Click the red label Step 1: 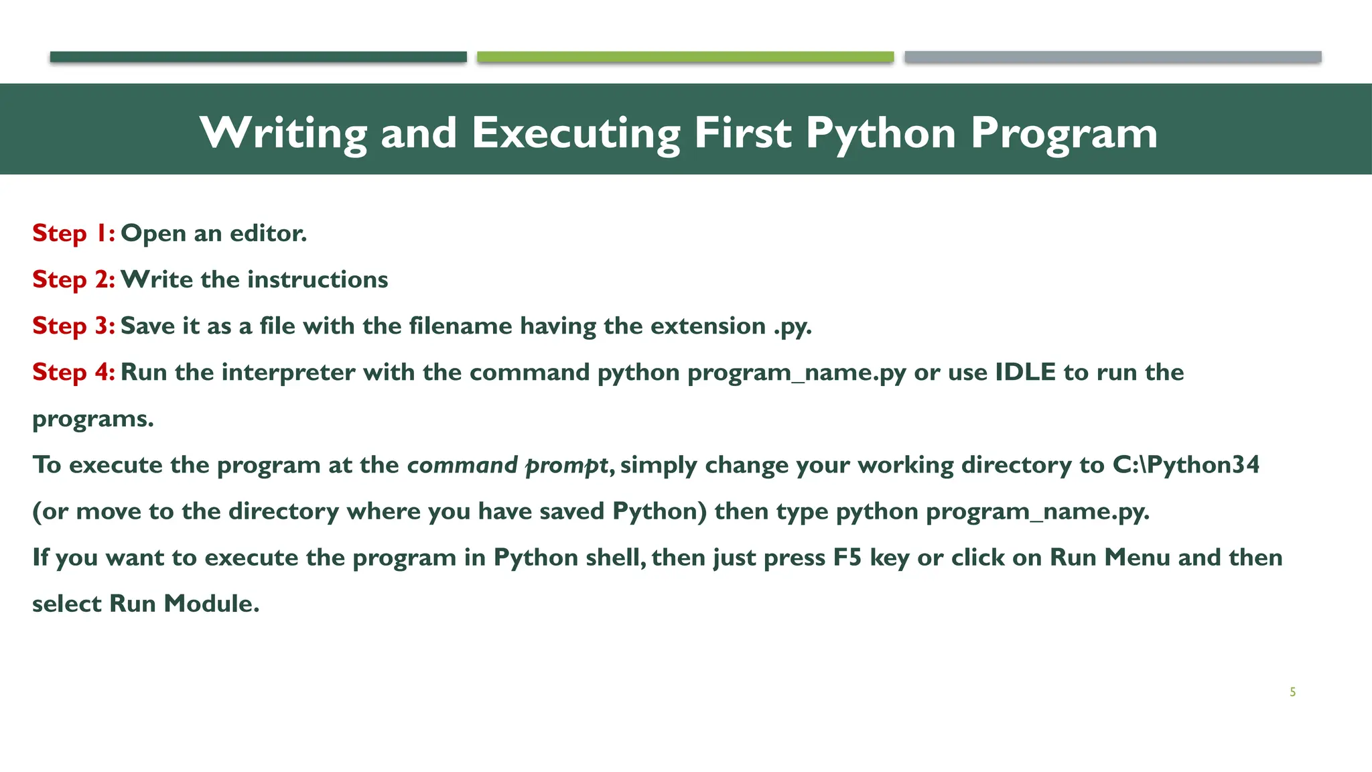tap(74, 233)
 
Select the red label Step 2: tap(74, 279)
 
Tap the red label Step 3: tap(74, 326)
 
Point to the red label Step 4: tap(74, 372)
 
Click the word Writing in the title tap(283, 133)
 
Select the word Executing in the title tap(576, 133)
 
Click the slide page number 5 tap(1292, 692)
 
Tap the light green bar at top tap(685, 57)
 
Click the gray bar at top tap(1113, 57)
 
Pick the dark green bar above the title tap(258, 57)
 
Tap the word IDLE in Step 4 tap(1025, 372)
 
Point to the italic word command tap(462, 465)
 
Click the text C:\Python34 tap(1186, 465)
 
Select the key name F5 tap(847, 558)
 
